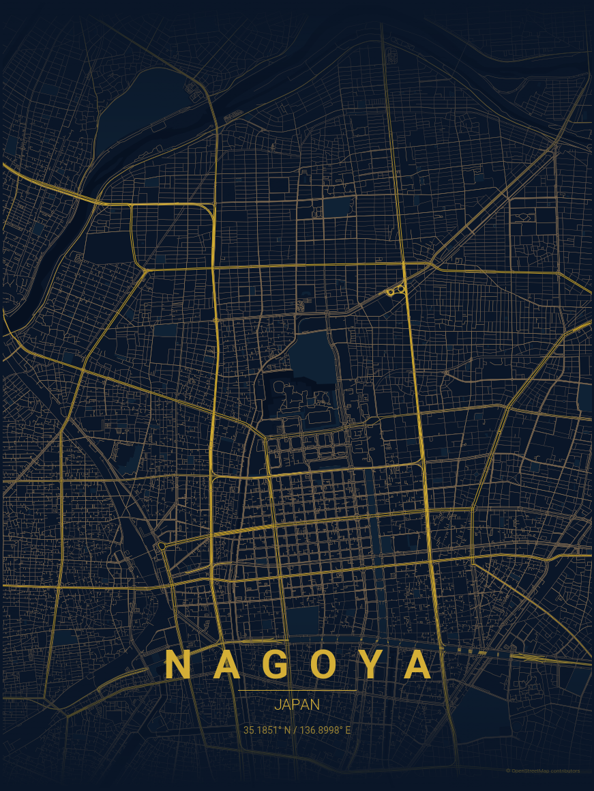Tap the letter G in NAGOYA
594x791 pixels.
(x=275, y=665)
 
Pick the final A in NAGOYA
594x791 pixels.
(x=418, y=665)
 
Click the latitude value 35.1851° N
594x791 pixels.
(x=267, y=730)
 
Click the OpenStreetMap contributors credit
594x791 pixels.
(x=545, y=771)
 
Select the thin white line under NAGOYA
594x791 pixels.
(x=297, y=691)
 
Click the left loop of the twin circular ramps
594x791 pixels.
(x=391, y=292)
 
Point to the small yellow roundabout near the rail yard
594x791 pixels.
(x=161, y=546)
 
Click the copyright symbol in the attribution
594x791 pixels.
(x=508, y=771)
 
